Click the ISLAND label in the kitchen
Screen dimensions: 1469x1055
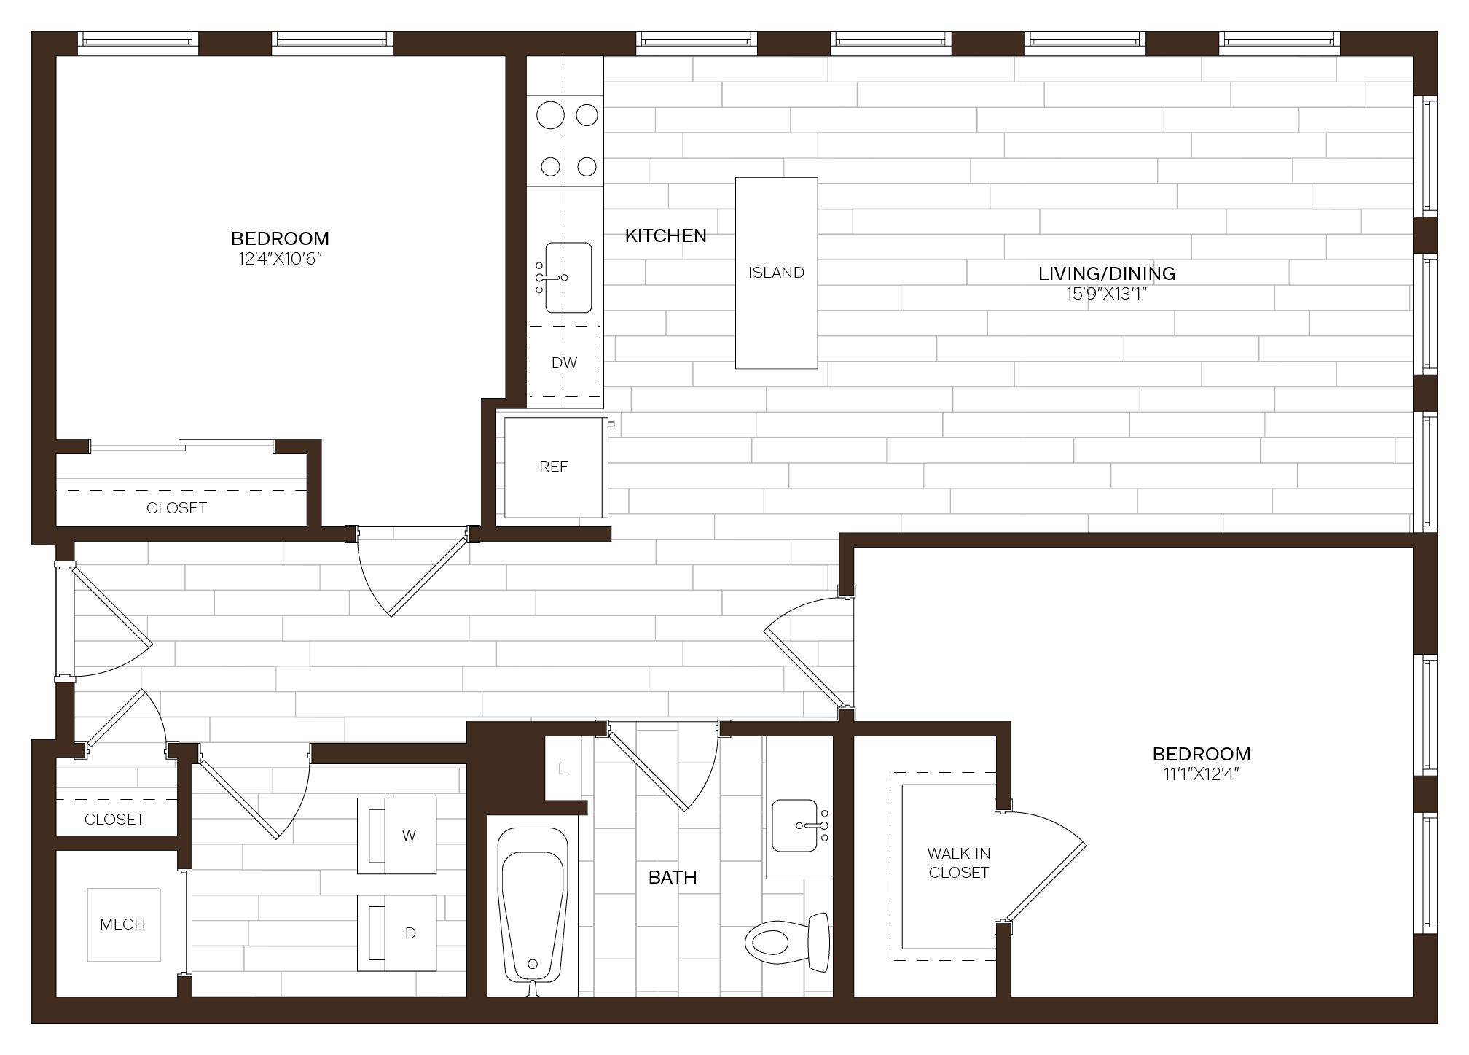pos(776,273)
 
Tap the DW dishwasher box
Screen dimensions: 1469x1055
pos(565,362)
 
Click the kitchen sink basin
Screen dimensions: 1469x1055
pos(568,278)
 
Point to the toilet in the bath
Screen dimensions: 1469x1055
pos(788,942)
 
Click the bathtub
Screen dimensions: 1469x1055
pos(532,908)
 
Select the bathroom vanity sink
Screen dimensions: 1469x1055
pos(795,825)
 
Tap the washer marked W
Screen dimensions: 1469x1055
pos(396,836)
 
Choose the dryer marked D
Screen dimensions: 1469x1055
pos(396,933)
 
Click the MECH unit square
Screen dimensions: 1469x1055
pos(123,924)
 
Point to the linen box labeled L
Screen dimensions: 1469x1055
pos(563,768)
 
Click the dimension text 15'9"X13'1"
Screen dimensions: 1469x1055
pos(1107,294)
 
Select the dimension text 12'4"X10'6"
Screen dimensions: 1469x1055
pos(281,259)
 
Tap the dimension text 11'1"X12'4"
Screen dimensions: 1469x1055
pos(1202,774)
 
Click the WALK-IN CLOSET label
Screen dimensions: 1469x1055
pos(958,863)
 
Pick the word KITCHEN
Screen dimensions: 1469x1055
pos(666,235)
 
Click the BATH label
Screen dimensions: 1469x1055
pos(673,877)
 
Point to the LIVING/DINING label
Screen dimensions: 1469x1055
pos(1107,273)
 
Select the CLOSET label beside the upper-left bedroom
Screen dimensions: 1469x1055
pos(176,508)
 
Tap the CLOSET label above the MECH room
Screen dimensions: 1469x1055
pos(114,820)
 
